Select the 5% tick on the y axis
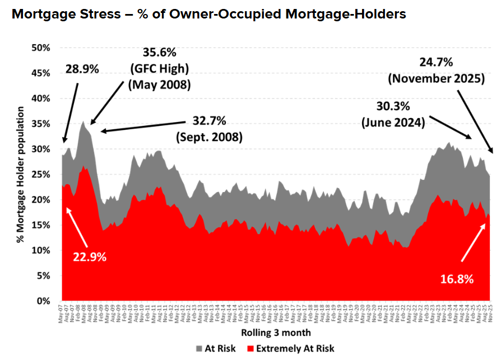[49, 275]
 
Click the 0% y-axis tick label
[49, 301]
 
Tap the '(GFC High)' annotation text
[159, 69]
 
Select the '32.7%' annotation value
[208, 120]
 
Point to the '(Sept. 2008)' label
[208, 137]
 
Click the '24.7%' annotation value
[437, 62]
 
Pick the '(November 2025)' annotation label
[437, 79]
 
